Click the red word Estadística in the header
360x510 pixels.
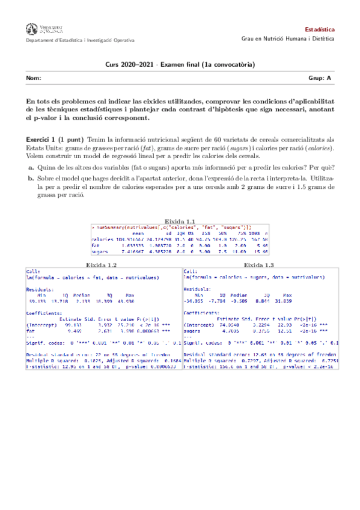[x=320, y=29]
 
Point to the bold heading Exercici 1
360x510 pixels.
[x=43, y=140]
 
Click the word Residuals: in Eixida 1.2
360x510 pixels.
[x=41, y=289]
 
